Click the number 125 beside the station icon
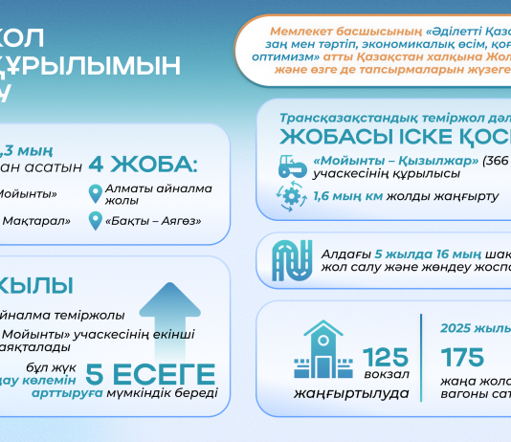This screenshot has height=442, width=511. (387, 358)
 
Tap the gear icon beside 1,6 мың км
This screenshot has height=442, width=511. (288, 195)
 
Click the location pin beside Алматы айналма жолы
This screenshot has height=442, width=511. (95, 194)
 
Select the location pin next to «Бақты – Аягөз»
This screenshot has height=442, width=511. (95, 222)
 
